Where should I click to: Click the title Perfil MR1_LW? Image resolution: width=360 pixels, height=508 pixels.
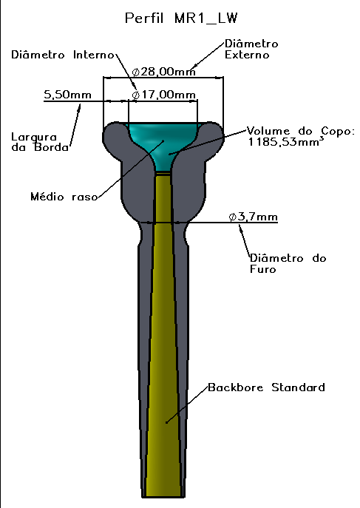(181, 18)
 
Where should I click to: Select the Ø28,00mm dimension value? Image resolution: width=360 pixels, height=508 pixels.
(164, 71)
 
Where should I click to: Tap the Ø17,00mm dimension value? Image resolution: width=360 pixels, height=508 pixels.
(164, 95)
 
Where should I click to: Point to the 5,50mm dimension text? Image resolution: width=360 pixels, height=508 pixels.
(67, 95)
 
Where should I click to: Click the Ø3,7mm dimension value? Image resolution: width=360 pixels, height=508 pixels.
(253, 217)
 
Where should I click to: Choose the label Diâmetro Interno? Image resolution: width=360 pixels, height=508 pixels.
(63, 55)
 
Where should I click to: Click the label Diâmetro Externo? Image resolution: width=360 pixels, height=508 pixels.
(251, 50)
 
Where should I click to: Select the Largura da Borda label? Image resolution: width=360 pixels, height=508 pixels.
(40, 142)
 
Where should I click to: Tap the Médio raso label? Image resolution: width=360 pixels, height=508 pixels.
(64, 197)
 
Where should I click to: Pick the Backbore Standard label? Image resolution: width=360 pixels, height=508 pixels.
(266, 387)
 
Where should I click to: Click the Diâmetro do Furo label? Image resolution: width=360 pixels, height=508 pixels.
(288, 263)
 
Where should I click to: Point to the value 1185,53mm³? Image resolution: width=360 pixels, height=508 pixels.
(286, 141)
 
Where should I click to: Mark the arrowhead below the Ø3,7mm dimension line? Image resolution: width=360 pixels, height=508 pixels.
(240, 227)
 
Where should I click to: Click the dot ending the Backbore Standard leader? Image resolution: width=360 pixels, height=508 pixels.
(167, 422)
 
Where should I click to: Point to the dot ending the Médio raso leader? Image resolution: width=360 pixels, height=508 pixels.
(163, 140)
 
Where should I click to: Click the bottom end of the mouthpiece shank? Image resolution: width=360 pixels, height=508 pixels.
(163, 497)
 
